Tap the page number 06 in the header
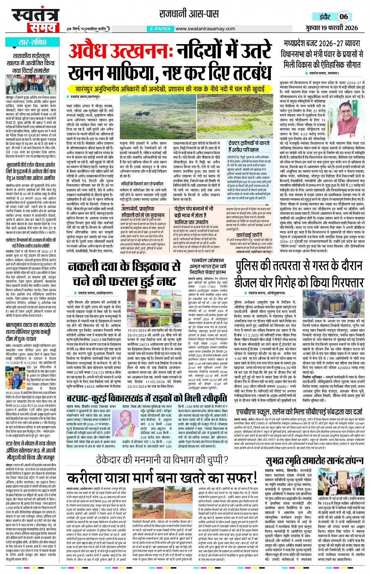point(343,16)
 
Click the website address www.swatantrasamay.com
point(205,29)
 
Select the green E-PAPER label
point(160,29)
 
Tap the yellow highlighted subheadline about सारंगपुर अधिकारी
point(170,89)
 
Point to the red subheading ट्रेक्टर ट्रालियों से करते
point(249,147)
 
